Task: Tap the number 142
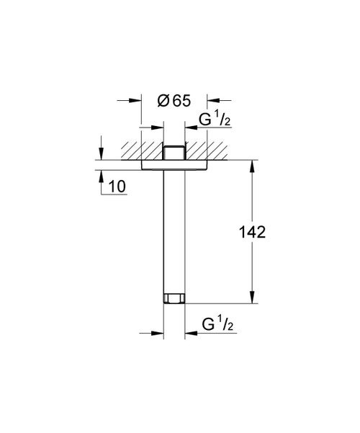[x=251, y=232]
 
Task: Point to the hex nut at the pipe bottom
[x=174, y=297]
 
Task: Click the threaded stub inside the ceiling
[x=174, y=152]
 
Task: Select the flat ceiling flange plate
[x=174, y=165]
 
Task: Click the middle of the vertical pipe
[x=174, y=231]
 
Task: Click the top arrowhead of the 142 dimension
[x=251, y=166]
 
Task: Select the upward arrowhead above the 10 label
[x=100, y=175]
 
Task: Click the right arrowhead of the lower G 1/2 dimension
[x=189, y=334]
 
